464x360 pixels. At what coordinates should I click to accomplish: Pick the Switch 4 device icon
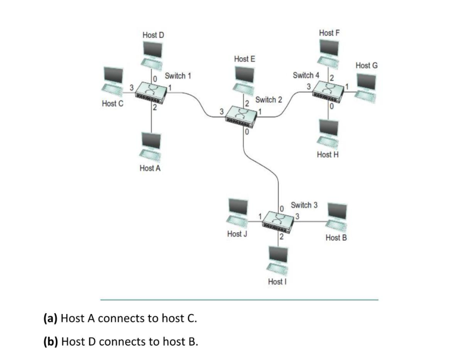point(328,92)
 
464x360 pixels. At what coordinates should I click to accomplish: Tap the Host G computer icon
point(366,87)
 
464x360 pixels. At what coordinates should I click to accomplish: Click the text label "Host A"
point(150,168)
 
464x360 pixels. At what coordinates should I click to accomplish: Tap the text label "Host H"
point(328,155)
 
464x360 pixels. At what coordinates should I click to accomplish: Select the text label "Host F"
point(329,33)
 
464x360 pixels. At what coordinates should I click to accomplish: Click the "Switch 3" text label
point(304,205)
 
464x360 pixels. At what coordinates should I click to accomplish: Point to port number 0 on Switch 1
point(155,78)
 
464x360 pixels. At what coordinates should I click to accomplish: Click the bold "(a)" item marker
point(50,318)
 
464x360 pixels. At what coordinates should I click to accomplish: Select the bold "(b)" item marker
point(50,342)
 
